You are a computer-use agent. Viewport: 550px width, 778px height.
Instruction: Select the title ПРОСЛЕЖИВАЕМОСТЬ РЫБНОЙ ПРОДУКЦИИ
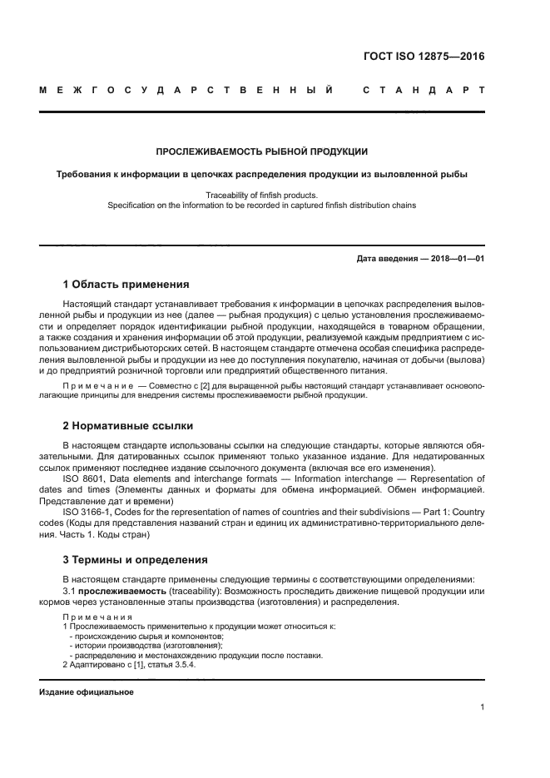click(262, 152)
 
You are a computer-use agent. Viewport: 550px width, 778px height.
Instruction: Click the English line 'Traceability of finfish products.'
click(262, 194)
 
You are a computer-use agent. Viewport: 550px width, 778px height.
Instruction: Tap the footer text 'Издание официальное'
click(87, 692)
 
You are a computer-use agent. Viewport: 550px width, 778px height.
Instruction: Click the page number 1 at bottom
click(483, 708)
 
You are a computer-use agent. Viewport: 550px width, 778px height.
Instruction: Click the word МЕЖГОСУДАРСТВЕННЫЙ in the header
click(187, 90)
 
